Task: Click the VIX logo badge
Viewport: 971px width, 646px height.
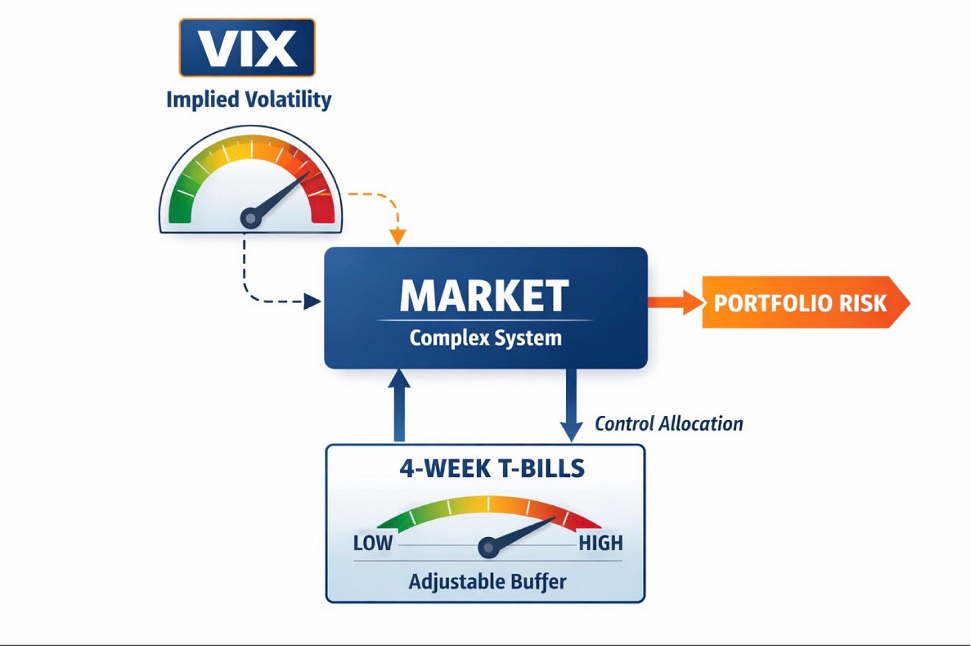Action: click(x=247, y=47)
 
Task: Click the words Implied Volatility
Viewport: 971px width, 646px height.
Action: click(x=248, y=99)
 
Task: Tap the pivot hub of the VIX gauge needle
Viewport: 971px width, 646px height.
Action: click(x=250, y=218)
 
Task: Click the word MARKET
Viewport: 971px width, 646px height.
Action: click(x=484, y=296)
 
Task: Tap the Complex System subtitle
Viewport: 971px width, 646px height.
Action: click(x=486, y=338)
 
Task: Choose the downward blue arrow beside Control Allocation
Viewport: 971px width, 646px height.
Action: click(x=571, y=405)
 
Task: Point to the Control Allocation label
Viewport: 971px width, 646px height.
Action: click(x=669, y=424)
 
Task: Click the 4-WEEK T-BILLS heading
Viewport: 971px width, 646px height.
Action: click(x=492, y=469)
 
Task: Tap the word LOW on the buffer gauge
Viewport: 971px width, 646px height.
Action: click(x=372, y=543)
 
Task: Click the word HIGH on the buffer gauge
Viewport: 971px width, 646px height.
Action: click(x=601, y=543)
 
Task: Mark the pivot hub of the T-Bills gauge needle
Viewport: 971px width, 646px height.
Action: click(x=488, y=548)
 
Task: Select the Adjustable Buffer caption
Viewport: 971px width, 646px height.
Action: click(x=487, y=581)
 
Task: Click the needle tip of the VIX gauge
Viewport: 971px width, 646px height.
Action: click(x=307, y=173)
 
